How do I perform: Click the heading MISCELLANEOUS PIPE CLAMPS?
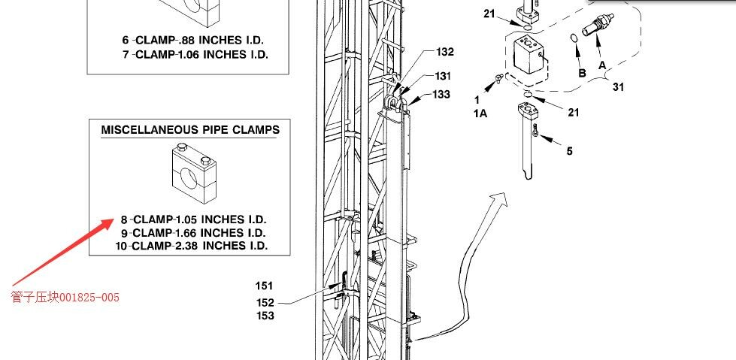190,130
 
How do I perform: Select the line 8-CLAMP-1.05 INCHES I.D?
193,219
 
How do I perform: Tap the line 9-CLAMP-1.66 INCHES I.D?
193,232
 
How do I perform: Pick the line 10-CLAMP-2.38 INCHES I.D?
191,246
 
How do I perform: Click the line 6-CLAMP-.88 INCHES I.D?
193,40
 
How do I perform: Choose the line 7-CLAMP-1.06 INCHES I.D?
195,54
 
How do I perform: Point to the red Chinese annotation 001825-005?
65,297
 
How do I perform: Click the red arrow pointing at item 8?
62,252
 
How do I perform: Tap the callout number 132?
445,52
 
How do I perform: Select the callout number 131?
442,76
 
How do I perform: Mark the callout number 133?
441,95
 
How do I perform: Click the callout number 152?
265,302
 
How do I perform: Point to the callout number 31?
619,87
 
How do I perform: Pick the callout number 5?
569,150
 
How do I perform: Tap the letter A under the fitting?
601,65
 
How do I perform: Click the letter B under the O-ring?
582,73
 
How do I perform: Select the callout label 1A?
480,113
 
